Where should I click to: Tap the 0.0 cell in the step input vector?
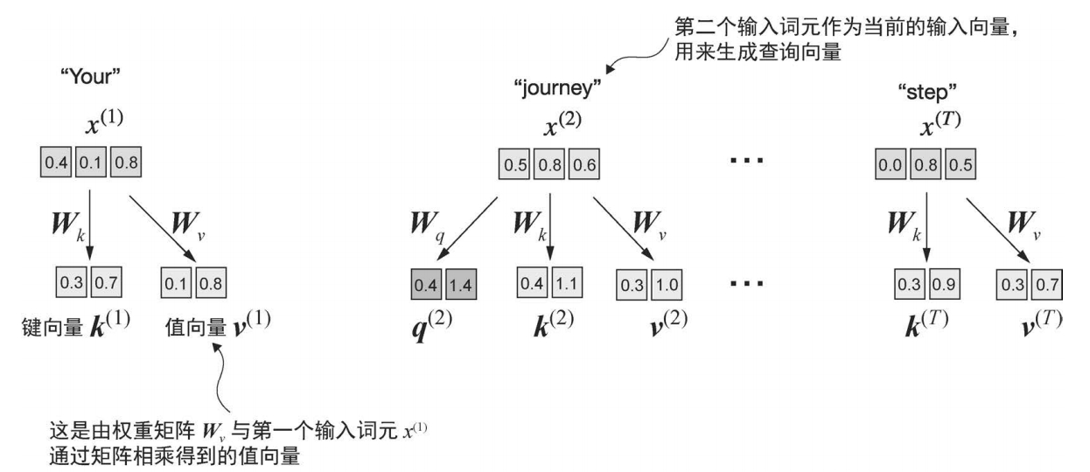891,163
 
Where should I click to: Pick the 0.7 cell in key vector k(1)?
109,283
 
